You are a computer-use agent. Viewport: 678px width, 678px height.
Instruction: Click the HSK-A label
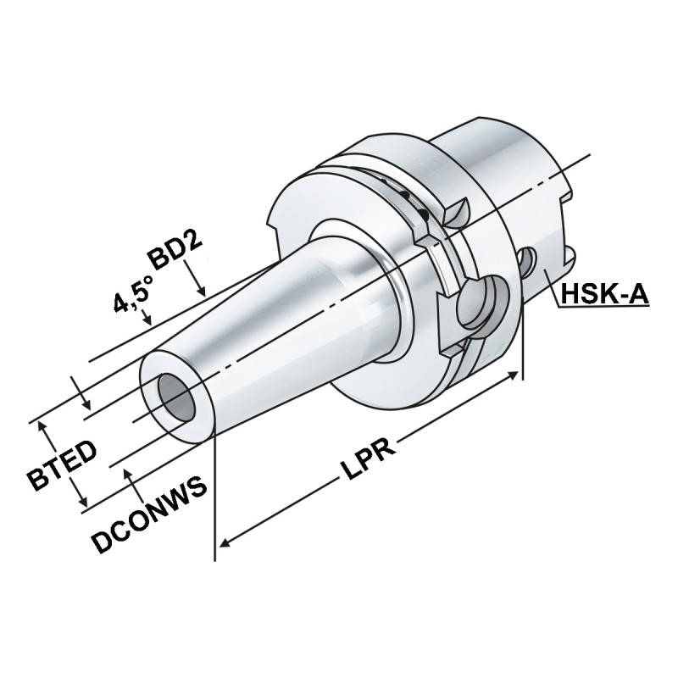[603, 294]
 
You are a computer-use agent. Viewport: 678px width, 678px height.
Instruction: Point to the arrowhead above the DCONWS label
[130, 473]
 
